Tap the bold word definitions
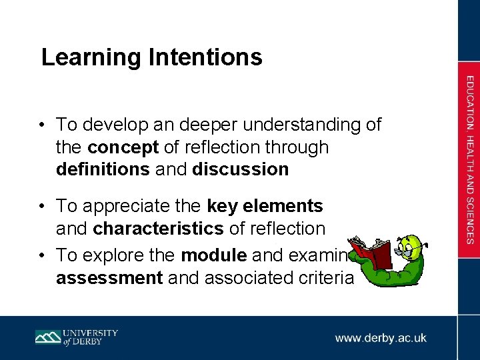coord(103,169)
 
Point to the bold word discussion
coord(240,169)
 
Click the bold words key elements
coord(265,207)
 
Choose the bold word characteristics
coord(159,229)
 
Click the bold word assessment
coord(109,277)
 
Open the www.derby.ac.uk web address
coord(381,338)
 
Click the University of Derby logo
coord(77,337)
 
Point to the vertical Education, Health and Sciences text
coord(470,160)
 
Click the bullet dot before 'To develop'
coord(42,125)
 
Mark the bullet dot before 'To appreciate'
coord(42,207)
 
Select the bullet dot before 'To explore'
coord(42,255)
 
